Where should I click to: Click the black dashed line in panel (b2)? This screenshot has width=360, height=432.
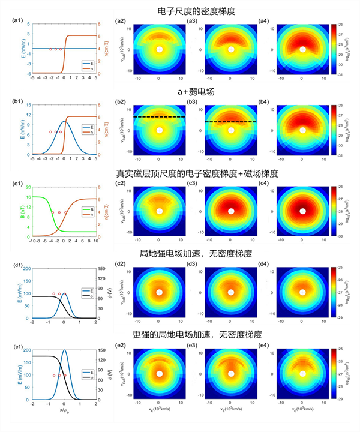pos(158,116)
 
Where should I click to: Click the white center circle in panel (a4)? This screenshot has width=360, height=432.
pos(302,50)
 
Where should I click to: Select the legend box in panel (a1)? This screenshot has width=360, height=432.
pos(86,64)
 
